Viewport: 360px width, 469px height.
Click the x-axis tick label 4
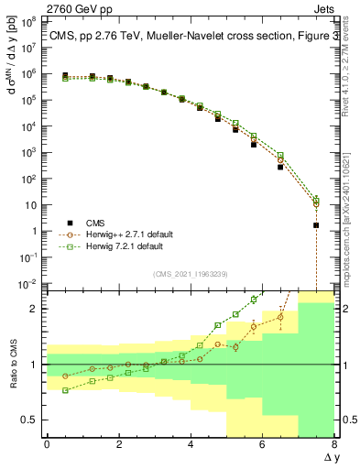(x=191, y=445)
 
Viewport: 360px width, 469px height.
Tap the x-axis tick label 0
(x=47, y=445)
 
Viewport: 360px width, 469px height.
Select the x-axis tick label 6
(x=262, y=445)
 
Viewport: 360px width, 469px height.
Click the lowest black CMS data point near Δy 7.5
(x=316, y=224)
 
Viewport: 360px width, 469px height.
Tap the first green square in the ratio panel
(x=65, y=390)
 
